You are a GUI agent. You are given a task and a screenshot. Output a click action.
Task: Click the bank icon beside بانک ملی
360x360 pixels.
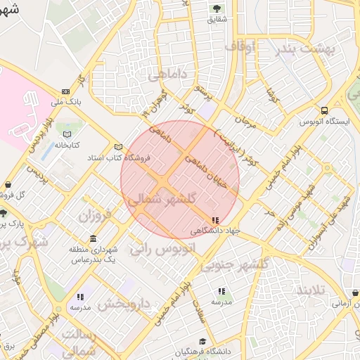(x=65, y=91)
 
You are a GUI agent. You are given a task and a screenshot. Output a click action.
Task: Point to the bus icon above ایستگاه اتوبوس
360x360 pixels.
(x=324, y=110)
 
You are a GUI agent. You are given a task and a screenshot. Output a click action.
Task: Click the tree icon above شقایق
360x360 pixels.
(x=216, y=8)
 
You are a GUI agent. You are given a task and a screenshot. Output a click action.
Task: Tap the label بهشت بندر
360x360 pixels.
(x=309, y=49)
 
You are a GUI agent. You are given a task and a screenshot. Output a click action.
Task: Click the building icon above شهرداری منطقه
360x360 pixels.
(x=94, y=238)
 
